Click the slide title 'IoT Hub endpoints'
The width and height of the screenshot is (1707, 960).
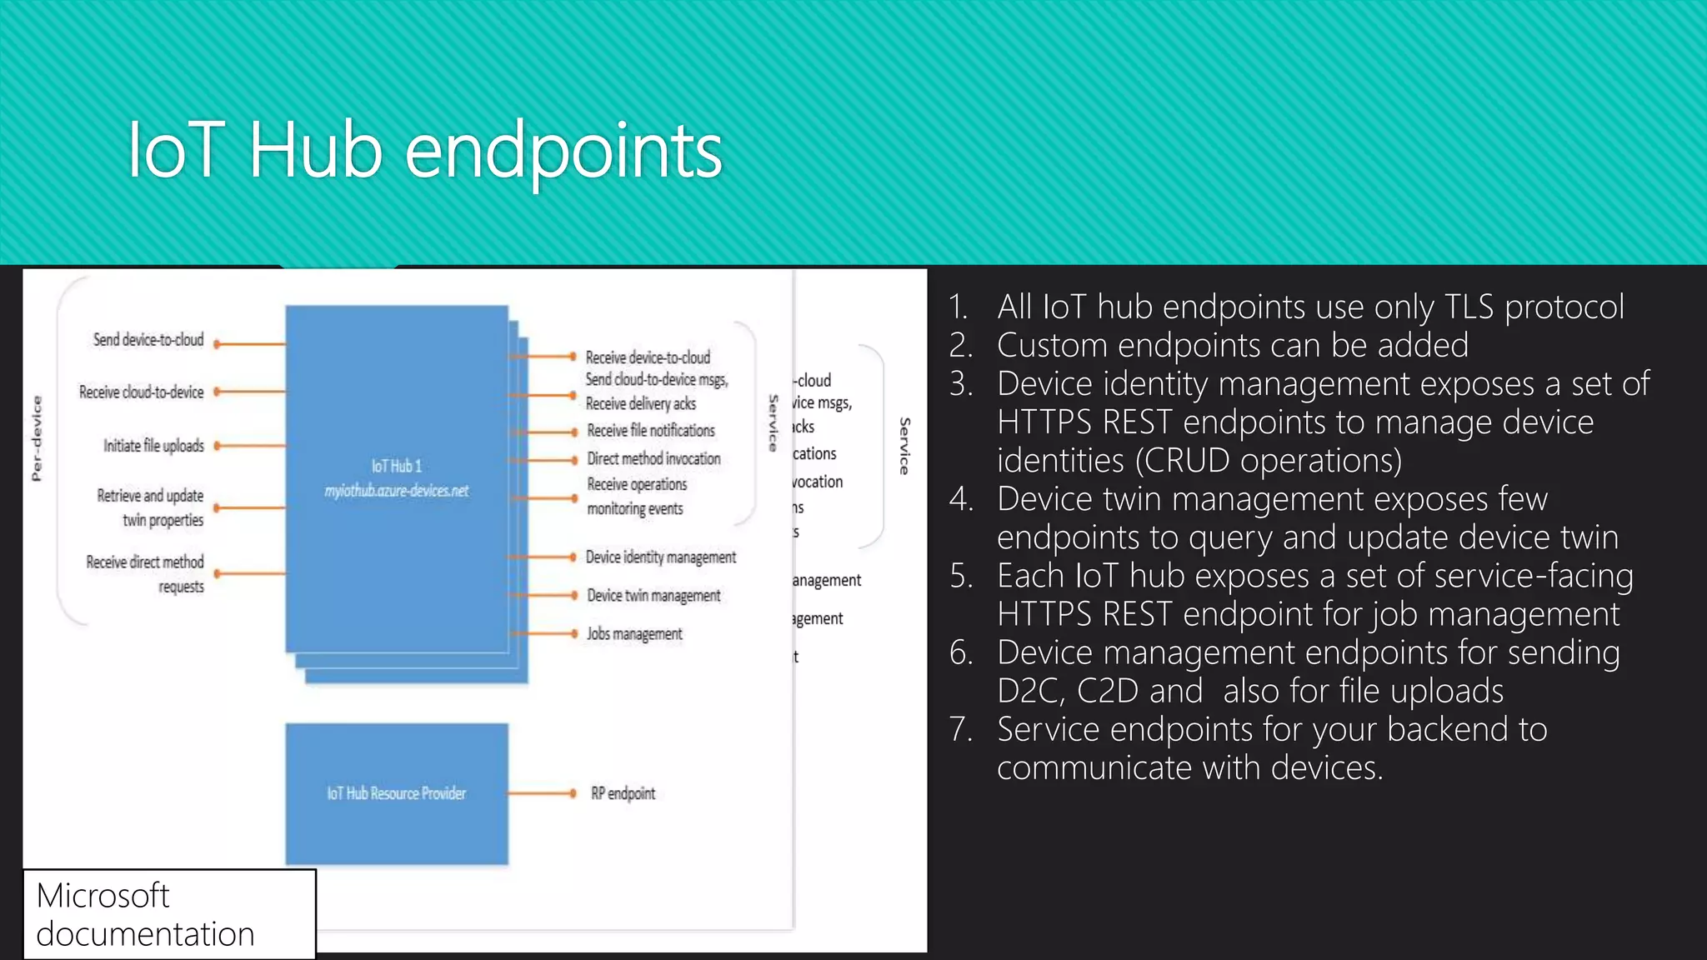tap(425, 152)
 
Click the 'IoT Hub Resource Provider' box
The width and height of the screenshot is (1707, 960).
tap(397, 793)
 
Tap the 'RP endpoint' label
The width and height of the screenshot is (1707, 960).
tap(623, 793)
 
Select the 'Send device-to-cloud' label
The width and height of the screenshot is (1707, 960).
tap(148, 340)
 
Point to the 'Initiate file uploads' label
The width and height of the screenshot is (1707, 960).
tap(153, 446)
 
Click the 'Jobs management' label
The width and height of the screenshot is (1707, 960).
tap(633, 634)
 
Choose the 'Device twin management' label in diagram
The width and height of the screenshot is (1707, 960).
tap(653, 596)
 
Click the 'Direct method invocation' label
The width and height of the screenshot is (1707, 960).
tap(653, 459)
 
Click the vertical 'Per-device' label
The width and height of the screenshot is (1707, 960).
tap(37, 438)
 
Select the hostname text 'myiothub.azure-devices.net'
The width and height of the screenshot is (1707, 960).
tap(397, 491)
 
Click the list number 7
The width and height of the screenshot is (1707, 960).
tap(961, 729)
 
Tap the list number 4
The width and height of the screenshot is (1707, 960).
tap(961, 499)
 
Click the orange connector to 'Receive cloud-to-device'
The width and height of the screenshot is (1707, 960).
tap(250, 392)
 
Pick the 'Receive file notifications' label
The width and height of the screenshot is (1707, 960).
tap(650, 431)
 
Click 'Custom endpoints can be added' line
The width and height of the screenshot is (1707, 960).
tap(1232, 345)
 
